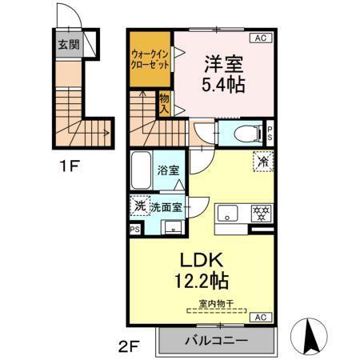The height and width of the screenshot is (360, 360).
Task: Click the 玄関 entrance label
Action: [67, 45]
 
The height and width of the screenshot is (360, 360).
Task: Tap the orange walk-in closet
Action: [151, 59]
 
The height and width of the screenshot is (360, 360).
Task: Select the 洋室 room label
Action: [219, 61]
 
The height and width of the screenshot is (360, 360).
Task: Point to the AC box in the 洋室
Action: [261, 38]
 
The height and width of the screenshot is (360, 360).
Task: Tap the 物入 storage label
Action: [164, 102]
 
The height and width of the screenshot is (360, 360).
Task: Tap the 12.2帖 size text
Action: [199, 282]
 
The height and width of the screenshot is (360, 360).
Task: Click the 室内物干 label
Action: [215, 302]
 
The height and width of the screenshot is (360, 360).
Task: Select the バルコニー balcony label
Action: [217, 340]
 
